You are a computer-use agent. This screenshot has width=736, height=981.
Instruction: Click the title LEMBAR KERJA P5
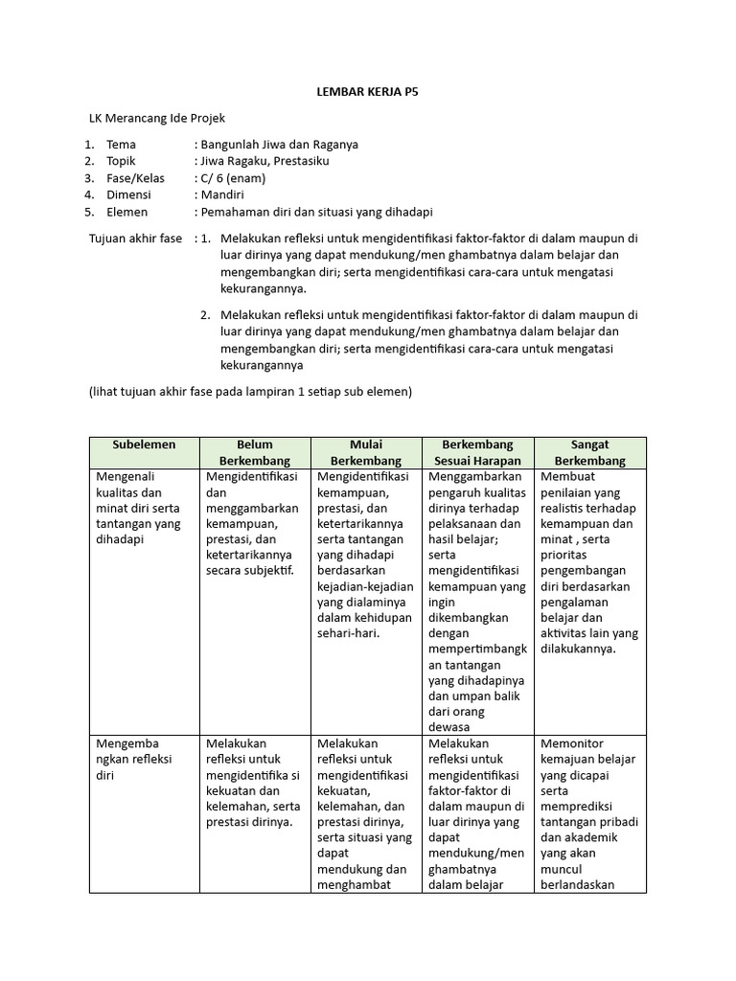tap(369, 93)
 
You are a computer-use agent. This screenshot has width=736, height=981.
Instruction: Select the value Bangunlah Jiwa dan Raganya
tap(276, 145)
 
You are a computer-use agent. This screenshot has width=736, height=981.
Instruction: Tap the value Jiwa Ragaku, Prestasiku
tap(262, 161)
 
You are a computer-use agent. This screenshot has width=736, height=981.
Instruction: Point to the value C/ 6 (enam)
tap(230, 178)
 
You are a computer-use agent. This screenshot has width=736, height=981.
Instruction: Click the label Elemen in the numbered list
tap(126, 212)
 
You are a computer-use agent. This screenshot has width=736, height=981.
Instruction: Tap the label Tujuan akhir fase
tap(135, 238)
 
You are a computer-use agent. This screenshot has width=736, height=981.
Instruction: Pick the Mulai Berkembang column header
tap(366, 452)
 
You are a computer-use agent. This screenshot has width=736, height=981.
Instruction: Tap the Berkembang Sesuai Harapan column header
tap(477, 452)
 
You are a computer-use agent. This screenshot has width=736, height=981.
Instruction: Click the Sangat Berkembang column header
tap(589, 452)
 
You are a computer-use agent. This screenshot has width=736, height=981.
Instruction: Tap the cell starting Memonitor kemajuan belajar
tap(589, 814)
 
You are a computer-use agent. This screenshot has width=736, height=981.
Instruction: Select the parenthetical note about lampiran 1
tap(250, 392)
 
